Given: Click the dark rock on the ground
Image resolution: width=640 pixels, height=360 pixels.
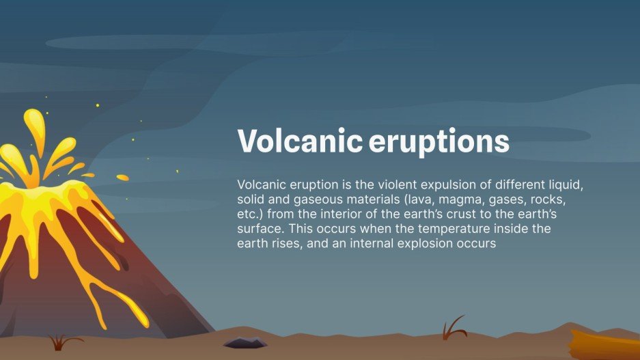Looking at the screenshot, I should (x=245, y=342).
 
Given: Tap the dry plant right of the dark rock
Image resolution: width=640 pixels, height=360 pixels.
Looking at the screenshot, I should (x=453, y=328).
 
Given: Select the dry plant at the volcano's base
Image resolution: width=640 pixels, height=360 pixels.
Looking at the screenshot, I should (x=64, y=342).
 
